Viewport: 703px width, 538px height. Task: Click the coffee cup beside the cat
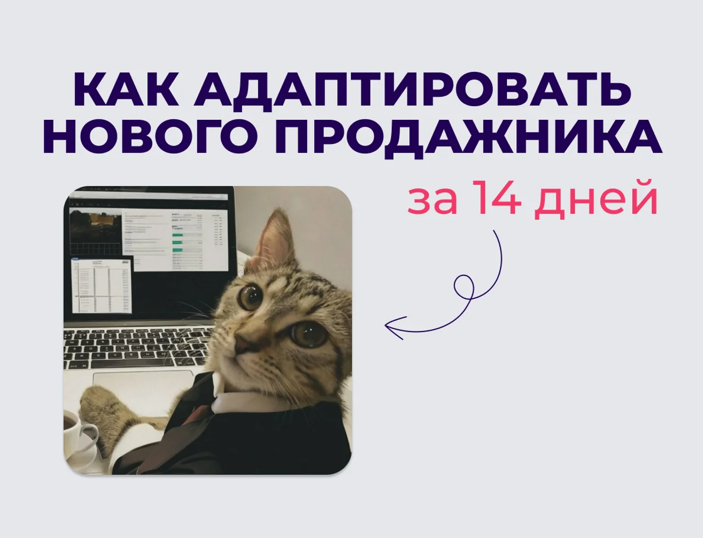pos(77,434)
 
